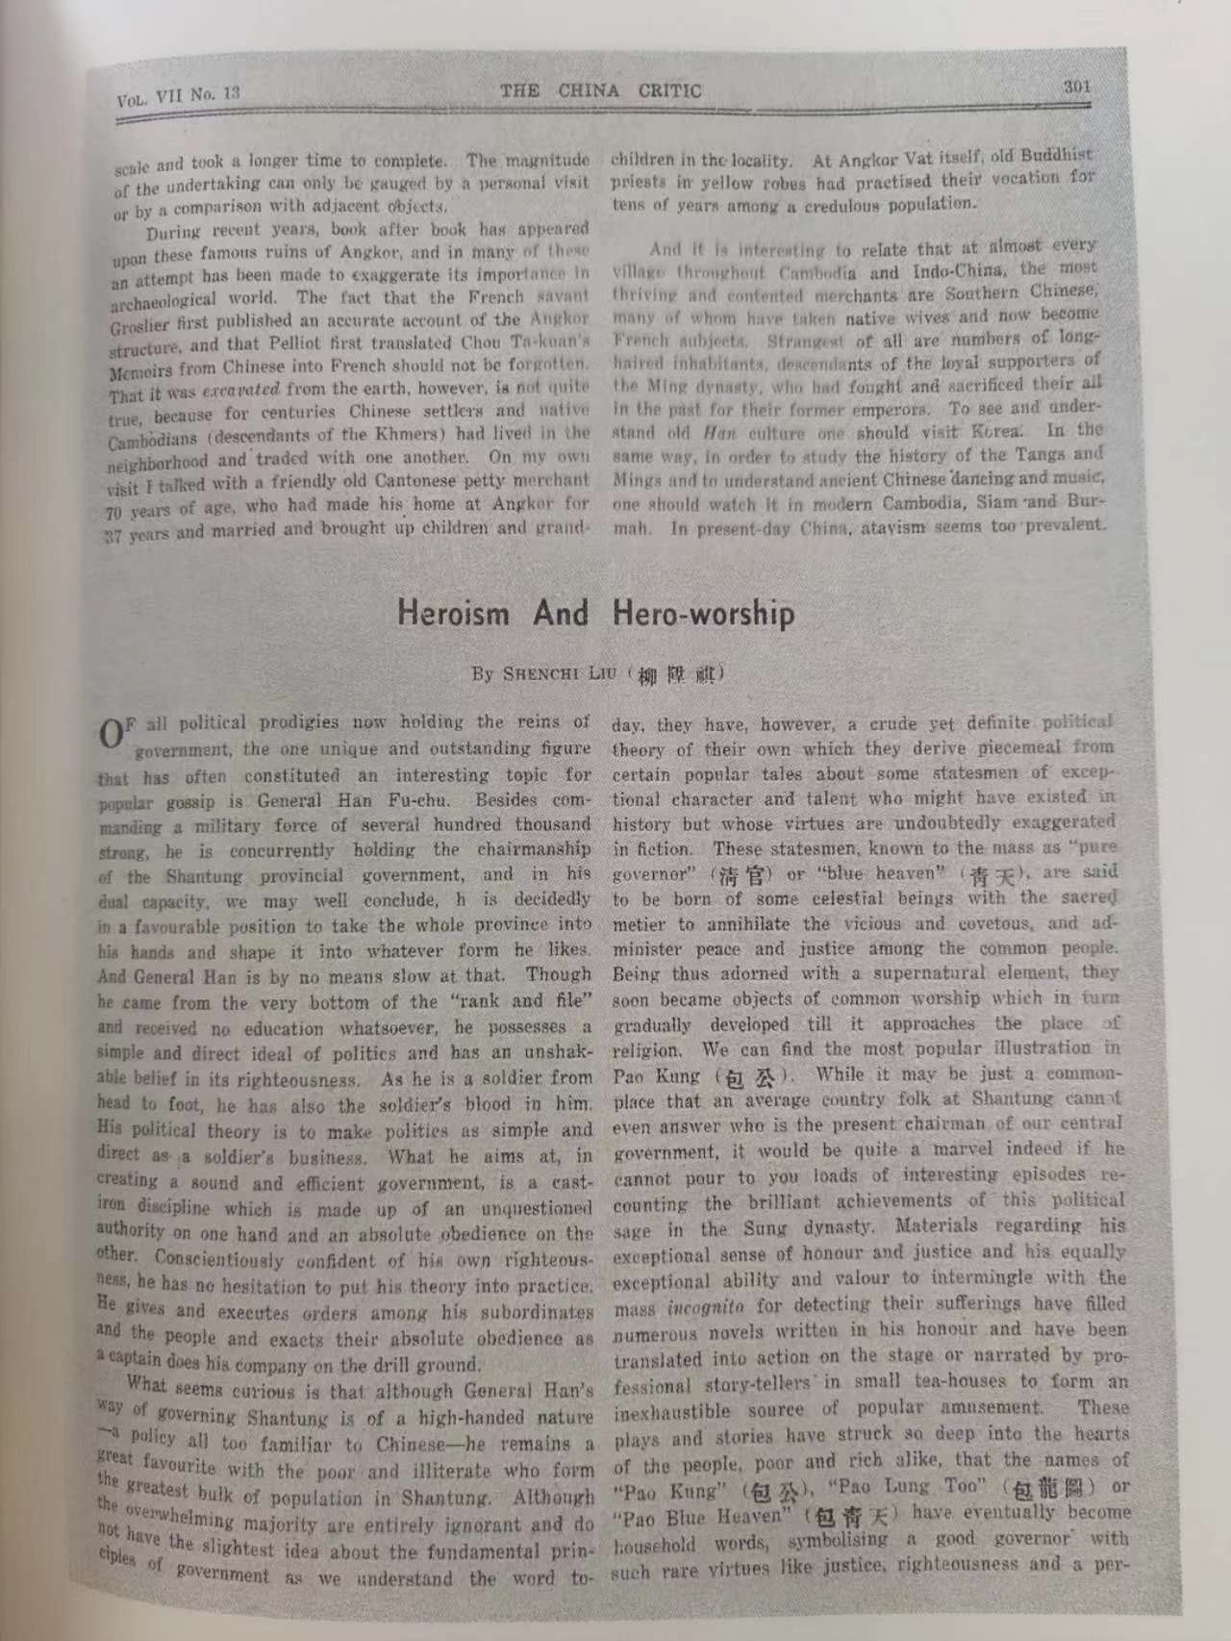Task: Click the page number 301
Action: pyautogui.click(x=1077, y=86)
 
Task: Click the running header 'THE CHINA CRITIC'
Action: pyautogui.click(x=601, y=91)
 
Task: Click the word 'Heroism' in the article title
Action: pyautogui.click(x=453, y=614)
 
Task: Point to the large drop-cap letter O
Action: pyautogui.click(x=112, y=733)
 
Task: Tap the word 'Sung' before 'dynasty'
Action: pyautogui.click(x=766, y=1228)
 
